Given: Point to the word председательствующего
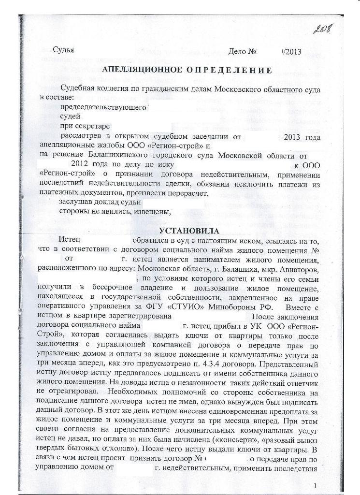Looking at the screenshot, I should pos(102,107).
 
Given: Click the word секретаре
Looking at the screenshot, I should pos(94,127).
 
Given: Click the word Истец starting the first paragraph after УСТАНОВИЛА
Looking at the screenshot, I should pos(68,240).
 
